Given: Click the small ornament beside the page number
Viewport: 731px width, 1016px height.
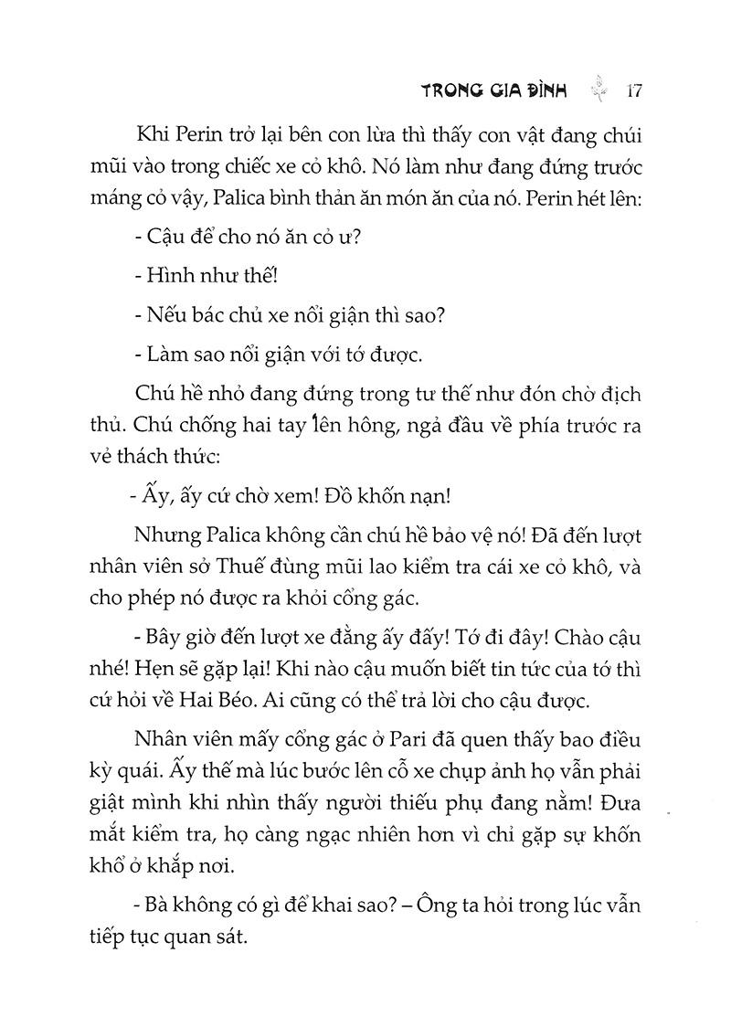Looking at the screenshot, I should pyautogui.click(x=599, y=90).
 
